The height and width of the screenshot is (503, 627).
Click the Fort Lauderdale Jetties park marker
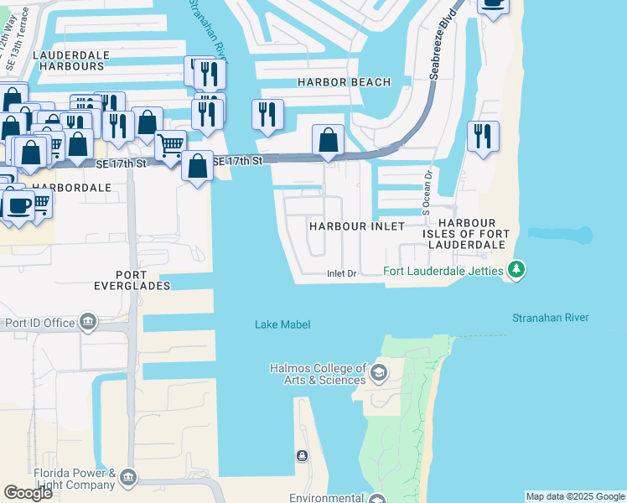[x=517, y=270]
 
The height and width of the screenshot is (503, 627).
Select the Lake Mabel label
[x=282, y=325]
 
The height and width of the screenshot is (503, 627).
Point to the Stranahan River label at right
[x=550, y=318]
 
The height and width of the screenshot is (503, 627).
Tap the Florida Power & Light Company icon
[x=127, y=478]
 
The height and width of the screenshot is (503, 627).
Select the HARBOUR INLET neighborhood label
[x=356, y=227]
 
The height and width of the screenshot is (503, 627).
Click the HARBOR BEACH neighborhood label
[x=345, y=82]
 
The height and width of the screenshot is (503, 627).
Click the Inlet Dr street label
[x=341, y=274]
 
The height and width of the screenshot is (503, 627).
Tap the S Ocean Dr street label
[x=427, y=191]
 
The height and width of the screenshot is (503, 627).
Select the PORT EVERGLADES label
[x=132, y=280]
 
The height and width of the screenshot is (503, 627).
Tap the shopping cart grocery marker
[x=171, y=144]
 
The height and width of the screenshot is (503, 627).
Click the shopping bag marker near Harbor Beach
[x=328, y=138]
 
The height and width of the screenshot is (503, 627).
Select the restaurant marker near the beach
[x=483, y=136]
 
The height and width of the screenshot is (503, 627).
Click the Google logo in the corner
[x=28, y=493]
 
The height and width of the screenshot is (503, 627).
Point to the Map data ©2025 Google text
[x=574, y=496]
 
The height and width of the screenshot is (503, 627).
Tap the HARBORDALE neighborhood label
[x=71, y=188]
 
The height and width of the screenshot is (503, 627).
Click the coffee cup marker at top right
[x=493, y=4]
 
